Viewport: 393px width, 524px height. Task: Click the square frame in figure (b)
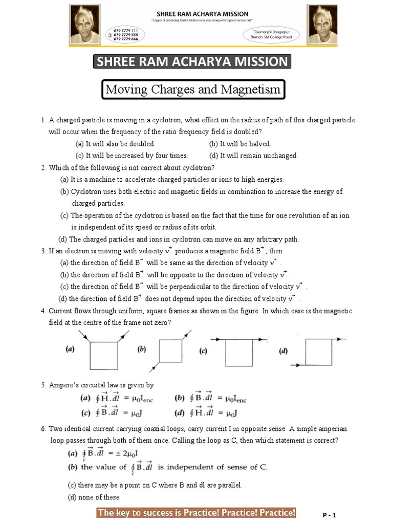[x=171, y=352]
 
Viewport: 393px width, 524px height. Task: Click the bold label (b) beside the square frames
[x=142, y=350]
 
